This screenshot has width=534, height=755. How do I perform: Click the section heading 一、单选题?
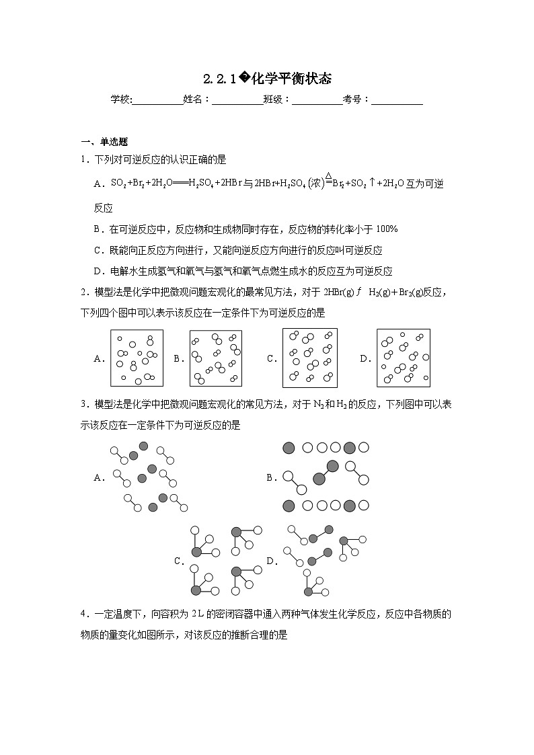point(104,141)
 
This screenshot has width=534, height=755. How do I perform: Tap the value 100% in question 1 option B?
point(387,229)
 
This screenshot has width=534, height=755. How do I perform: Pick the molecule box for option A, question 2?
point(137,359)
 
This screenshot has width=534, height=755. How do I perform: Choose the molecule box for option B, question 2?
point(215,359)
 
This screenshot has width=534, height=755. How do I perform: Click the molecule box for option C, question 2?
point(310,359)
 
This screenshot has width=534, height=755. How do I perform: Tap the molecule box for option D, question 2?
point(403,359)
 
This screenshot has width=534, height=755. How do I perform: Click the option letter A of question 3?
point(98,478)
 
